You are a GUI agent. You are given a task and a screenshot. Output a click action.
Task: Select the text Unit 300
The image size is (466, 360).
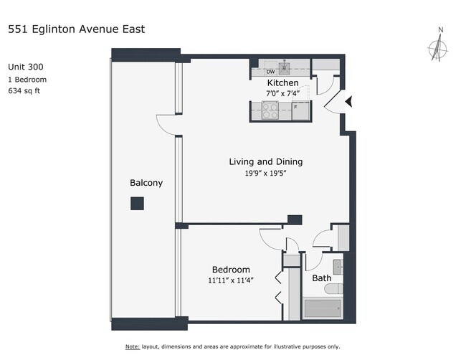point(26,67)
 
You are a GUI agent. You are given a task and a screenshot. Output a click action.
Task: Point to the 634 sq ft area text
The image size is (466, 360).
point(24,90)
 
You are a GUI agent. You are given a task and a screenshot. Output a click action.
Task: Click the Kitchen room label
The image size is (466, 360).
point(282,83)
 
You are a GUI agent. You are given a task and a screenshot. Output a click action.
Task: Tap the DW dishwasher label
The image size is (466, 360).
point(270,72)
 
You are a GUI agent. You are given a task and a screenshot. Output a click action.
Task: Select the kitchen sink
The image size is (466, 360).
point(286,70)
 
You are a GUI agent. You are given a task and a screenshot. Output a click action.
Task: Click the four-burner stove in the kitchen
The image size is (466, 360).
point(271,111)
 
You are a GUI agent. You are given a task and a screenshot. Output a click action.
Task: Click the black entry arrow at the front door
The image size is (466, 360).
point(348,103)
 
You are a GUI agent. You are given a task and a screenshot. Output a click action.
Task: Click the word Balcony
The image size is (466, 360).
point(146,183)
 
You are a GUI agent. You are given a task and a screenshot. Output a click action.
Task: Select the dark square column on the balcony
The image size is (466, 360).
point(136,204)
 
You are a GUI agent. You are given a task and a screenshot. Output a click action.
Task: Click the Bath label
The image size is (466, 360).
point(320,278)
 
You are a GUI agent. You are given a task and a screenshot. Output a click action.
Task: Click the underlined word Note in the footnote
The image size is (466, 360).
point(134,346)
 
